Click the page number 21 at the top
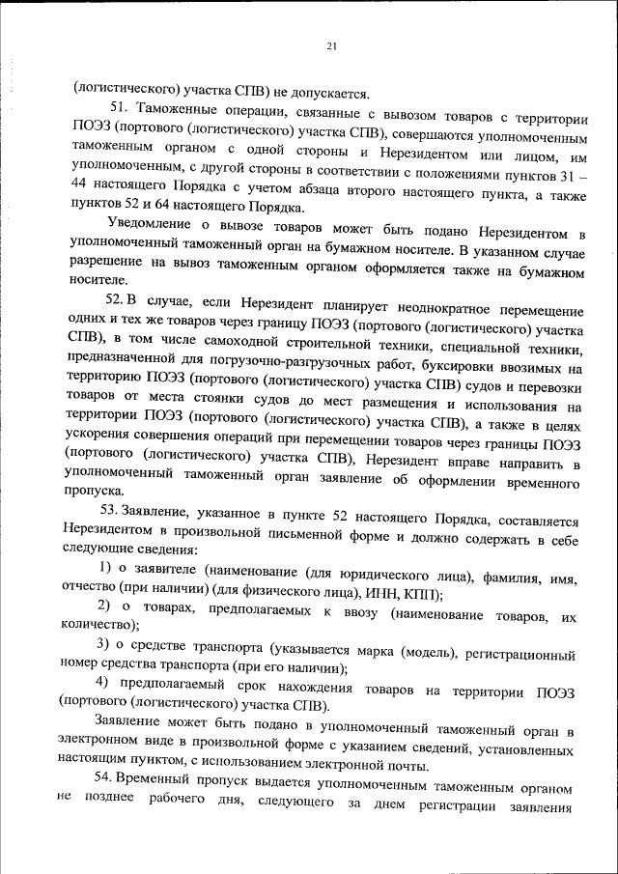point(331,45)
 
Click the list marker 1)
point(103,577)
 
